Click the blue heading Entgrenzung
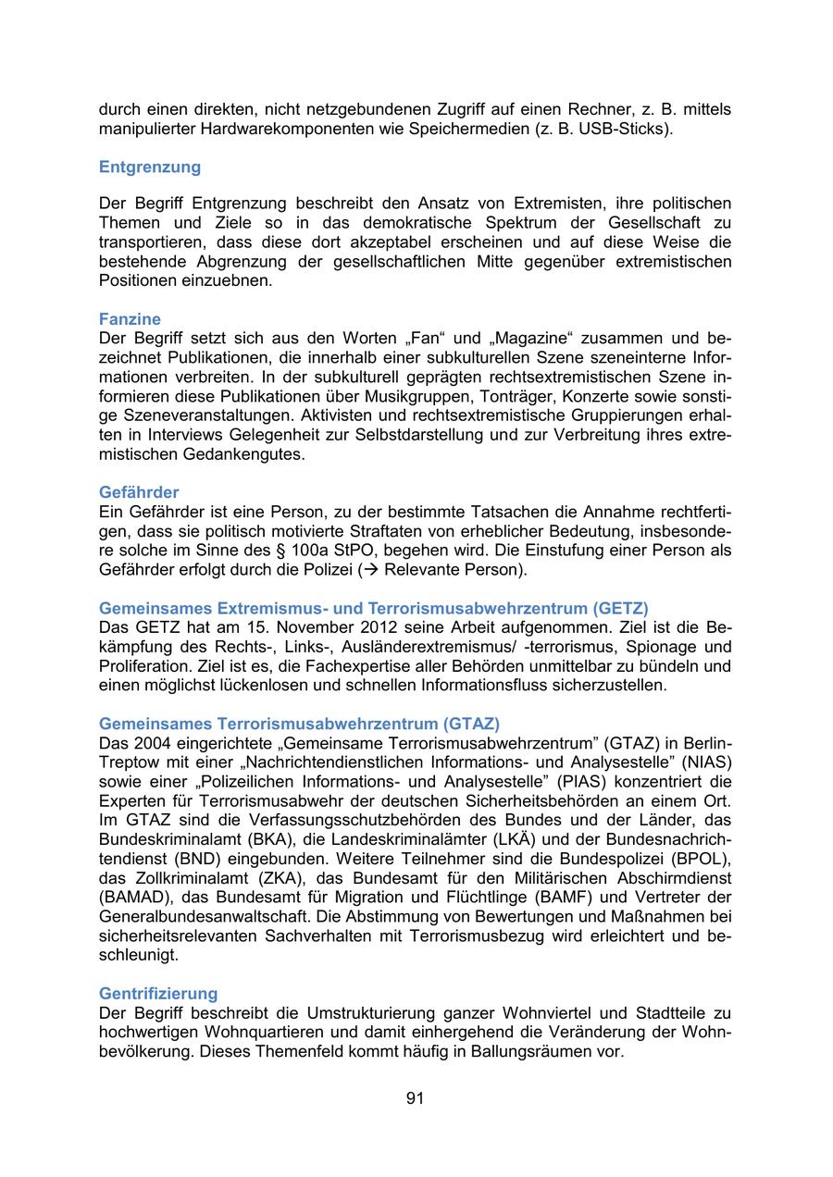pos(149,167)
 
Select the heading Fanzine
pos(130,320)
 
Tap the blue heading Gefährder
pos(139,492)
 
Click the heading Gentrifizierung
pos(158,994)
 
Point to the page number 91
pos(415,1098)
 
